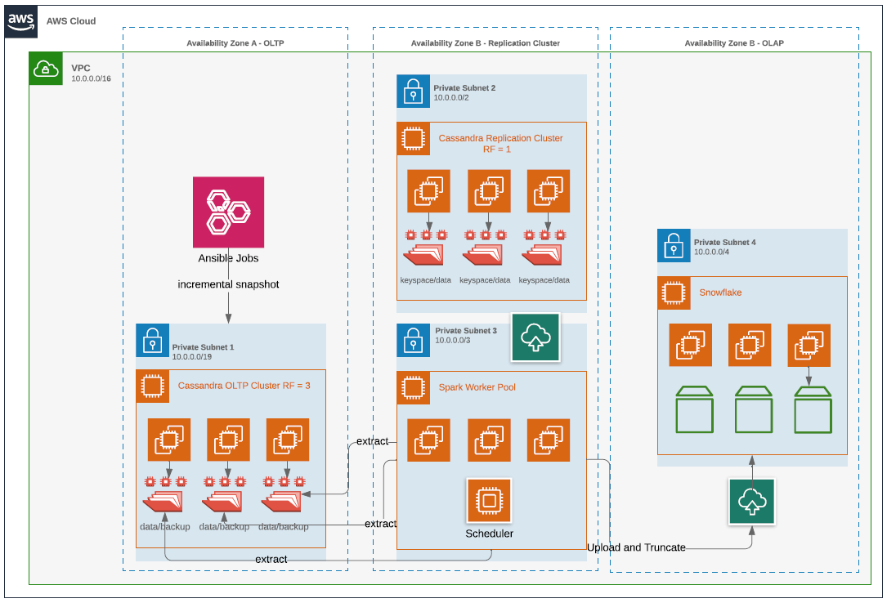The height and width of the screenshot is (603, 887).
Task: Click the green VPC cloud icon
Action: [x=46, y=69]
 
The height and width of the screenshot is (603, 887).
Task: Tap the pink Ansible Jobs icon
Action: [x=228, y=212]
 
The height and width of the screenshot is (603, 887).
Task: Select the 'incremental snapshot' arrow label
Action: [x=228, y=284]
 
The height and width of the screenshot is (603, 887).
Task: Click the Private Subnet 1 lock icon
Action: [x=152, y=340]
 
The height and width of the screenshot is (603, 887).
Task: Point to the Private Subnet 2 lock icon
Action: [x=413, y=92]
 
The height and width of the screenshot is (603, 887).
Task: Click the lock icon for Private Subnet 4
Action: [x=674, y=245]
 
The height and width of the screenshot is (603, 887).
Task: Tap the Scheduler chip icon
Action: [x=489, y=500]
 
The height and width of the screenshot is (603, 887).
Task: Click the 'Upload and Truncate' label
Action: [x=636, y=547]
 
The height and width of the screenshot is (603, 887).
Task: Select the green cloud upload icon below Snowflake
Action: [x=752, y=501]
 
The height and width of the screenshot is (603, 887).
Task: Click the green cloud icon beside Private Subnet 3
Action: [x=535, y=337]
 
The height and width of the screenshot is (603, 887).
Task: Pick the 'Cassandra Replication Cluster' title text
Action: [x=500, y=138]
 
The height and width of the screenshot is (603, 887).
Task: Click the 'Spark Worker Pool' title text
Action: [x=477, y=386]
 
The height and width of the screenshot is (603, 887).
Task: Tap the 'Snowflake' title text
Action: [x=720, y=292]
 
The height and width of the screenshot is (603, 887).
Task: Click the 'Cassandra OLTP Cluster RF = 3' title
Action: [x=244, y=385]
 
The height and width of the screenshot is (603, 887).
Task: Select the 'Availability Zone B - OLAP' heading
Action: [x=733, y=43]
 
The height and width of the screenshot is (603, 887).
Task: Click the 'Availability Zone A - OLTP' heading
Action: [x=235, y=43]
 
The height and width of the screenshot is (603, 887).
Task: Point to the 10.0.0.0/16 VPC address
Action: [x=91, y=79]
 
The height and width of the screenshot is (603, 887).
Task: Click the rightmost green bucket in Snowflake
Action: [x=813, y=411]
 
